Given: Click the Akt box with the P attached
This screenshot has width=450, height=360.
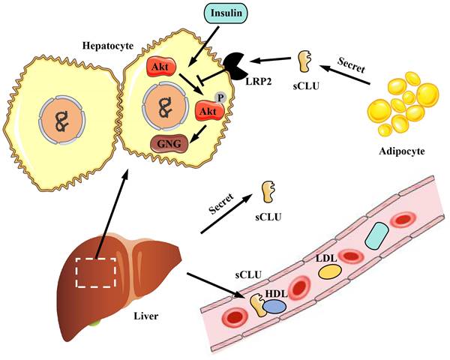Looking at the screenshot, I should pos(208,112).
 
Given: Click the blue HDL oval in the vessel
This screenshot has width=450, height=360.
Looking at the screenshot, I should pos(274,305).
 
